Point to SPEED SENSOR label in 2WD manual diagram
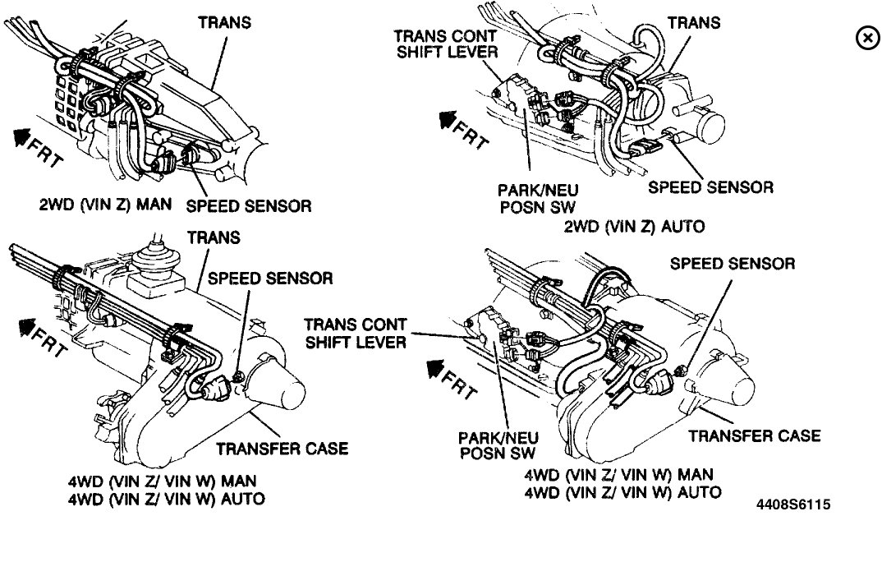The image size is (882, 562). click(249, 206)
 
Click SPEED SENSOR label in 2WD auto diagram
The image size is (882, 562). click(710, 187)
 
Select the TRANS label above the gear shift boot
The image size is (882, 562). click(214, 237)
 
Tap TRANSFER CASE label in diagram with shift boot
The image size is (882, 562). click(282, 448)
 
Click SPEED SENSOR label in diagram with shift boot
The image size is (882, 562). click(270, 279)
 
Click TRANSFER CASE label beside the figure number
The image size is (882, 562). click(754, 435)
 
